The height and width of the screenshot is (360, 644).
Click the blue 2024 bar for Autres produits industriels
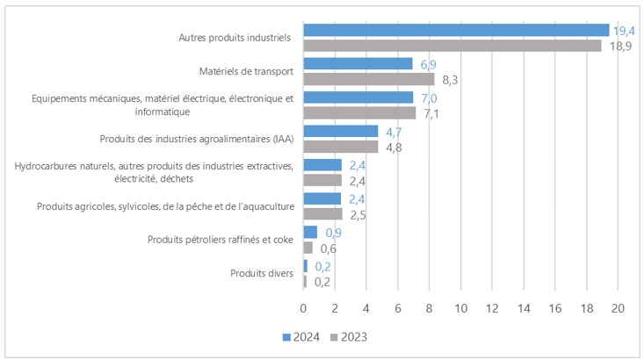456,30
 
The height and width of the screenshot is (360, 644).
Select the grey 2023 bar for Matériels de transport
368,79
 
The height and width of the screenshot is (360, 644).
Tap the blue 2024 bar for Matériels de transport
358,64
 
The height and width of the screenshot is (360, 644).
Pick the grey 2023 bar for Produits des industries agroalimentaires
341,147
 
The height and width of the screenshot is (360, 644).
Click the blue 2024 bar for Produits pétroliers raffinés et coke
310,232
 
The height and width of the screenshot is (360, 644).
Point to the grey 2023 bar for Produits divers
305,281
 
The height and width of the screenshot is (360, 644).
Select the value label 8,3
452,79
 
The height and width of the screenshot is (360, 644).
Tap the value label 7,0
426,97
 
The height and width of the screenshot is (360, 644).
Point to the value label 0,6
328,248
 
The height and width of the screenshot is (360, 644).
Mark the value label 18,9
619,46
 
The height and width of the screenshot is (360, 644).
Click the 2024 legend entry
300,336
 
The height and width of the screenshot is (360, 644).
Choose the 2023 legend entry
348,336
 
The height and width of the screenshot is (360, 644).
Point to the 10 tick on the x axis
460,308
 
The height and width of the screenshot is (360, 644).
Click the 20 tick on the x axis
618,308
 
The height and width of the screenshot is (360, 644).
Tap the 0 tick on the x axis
303,308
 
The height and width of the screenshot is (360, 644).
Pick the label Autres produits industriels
234,38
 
